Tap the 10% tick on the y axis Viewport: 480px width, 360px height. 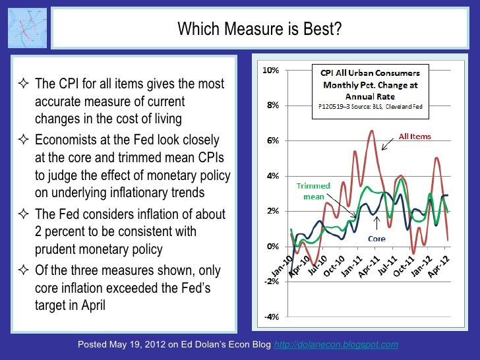(x=270, y=70)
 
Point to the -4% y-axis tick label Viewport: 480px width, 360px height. (x=270, y=316)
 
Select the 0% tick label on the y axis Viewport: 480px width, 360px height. (x=272, y=246)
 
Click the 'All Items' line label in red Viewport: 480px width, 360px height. (x=415, y=136)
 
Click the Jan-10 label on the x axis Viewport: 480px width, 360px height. (x=281, y=265)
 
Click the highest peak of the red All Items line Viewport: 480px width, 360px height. (x=372, y=131)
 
